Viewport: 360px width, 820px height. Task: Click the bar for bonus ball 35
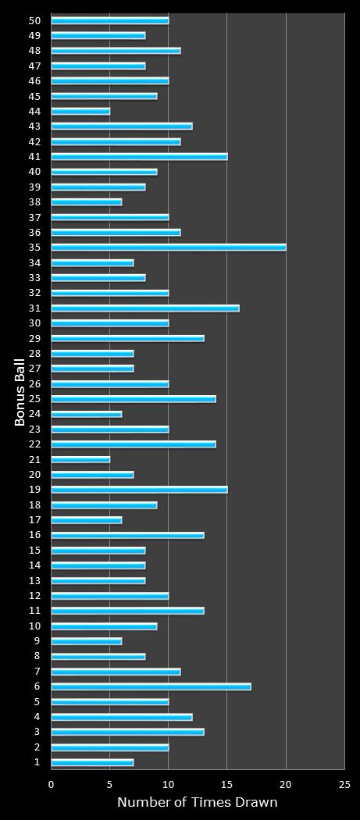[169, 248]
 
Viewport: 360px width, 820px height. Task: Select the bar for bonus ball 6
[151, 686]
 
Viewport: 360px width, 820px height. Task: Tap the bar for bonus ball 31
[145, 308]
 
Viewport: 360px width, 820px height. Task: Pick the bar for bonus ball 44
[80, 111]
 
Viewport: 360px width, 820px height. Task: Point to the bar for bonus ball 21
[80, 459]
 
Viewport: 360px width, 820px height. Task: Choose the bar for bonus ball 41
[139, 157]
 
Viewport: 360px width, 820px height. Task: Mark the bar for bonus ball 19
[139, 490]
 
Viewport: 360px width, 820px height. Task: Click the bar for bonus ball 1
[92, 762]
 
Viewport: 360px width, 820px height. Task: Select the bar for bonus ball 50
[110, 20]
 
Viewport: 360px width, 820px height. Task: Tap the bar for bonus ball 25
[134, 399]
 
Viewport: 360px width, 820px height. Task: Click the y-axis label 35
[34, 248]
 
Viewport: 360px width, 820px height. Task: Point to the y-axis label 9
[37, 641]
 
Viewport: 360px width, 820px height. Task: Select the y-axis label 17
[34, 520]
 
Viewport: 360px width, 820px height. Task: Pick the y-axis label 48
[34, 51]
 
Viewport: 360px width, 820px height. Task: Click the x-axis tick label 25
[344, 784]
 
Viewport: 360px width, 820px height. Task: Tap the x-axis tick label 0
[52, 784]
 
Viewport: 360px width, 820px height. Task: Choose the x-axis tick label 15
[227, 784]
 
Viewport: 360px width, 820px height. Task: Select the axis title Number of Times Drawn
[197, 802]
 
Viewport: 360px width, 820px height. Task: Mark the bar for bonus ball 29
[127, 338]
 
